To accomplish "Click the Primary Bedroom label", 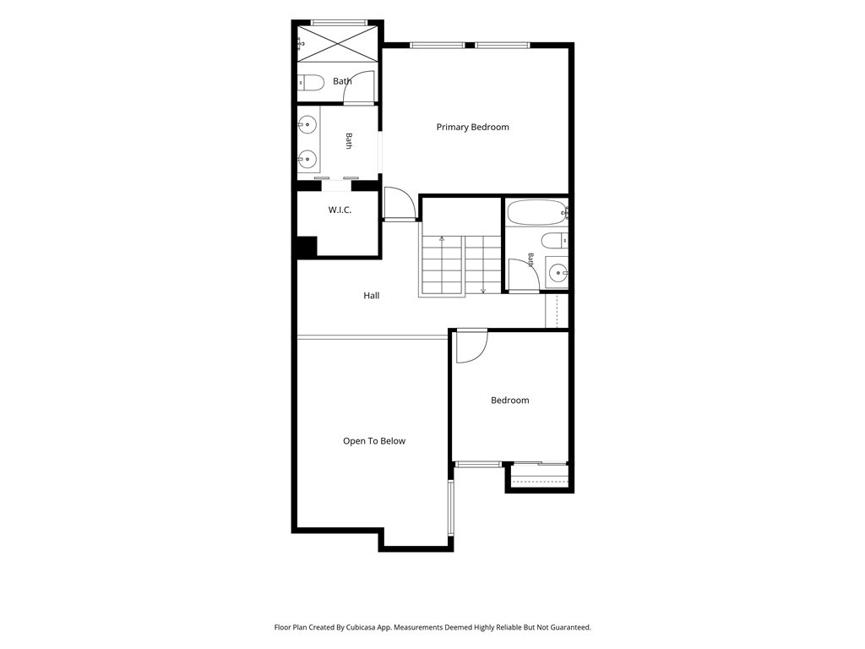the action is [473, 127].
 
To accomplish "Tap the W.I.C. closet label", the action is [340, 210].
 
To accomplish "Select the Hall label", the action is [372, 296].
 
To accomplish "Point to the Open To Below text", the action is [374, 441].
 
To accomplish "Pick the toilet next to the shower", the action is [311, 83].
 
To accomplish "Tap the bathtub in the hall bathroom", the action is [537, 212].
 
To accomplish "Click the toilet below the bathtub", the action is [554, 241].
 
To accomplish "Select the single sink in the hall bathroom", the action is [558, 271].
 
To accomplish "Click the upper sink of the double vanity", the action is [307, 125].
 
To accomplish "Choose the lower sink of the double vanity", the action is [307, 160].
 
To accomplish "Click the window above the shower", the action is [339, 23].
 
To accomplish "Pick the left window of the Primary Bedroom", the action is [437, 46].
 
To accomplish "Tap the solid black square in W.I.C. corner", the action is [307, 246].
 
